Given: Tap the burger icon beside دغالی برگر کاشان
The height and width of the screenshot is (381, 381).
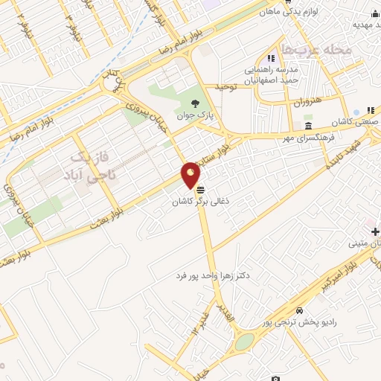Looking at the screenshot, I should pyautogui.click(x=200, y=189).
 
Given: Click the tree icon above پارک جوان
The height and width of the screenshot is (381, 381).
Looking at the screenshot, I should pyautogui.click(x=195, y=104).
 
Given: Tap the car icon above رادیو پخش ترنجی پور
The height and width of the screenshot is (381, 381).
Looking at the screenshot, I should pyautogui.click(x=299, y=310).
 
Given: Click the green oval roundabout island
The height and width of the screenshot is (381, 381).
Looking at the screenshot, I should pyautogui.click(x=244, y=342).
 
